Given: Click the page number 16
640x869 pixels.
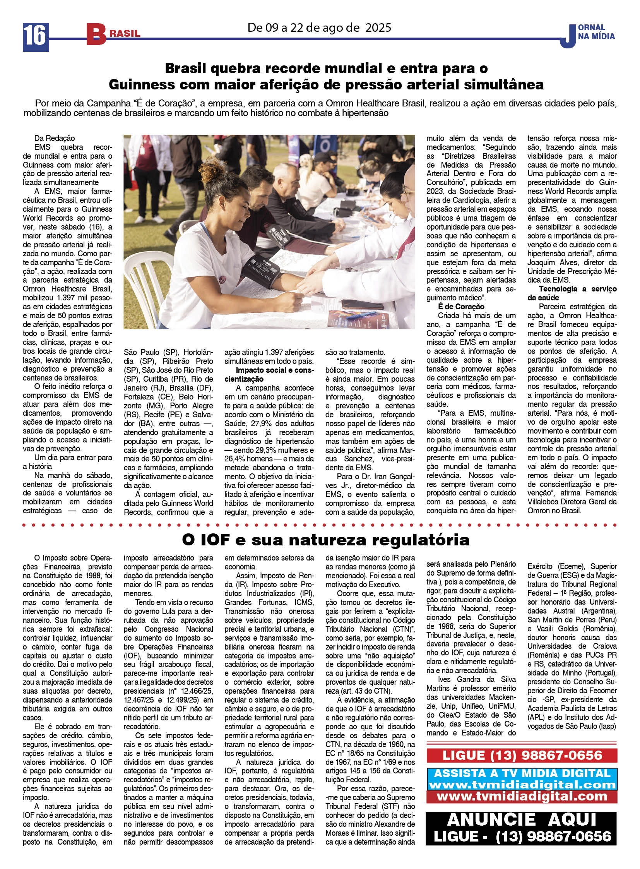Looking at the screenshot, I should (36, 37).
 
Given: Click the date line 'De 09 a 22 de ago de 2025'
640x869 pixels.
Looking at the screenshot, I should (319, 27).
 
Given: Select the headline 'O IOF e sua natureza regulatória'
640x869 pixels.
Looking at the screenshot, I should (325, 540).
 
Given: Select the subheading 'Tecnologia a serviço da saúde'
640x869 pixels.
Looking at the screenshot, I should (572, 293).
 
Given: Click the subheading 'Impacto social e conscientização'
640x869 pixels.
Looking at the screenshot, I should (269, 374).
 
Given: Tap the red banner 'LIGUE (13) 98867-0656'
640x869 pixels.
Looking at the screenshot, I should (522, 755).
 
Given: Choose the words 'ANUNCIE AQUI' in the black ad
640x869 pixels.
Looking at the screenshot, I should (521, 819).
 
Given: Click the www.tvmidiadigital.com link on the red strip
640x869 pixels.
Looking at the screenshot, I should (522, 796).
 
